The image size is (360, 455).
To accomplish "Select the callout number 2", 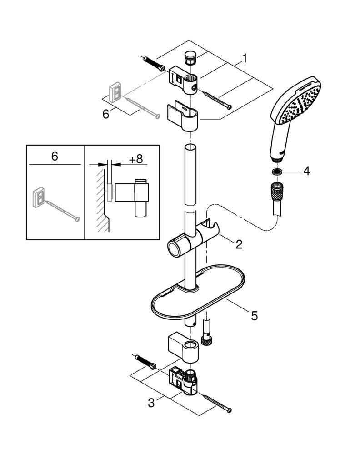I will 239,244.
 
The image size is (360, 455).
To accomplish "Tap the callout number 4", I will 306,172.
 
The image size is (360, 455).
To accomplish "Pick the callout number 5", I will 254,314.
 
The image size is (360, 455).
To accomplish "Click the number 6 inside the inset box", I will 55,156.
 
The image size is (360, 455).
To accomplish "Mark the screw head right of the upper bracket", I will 230,107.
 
